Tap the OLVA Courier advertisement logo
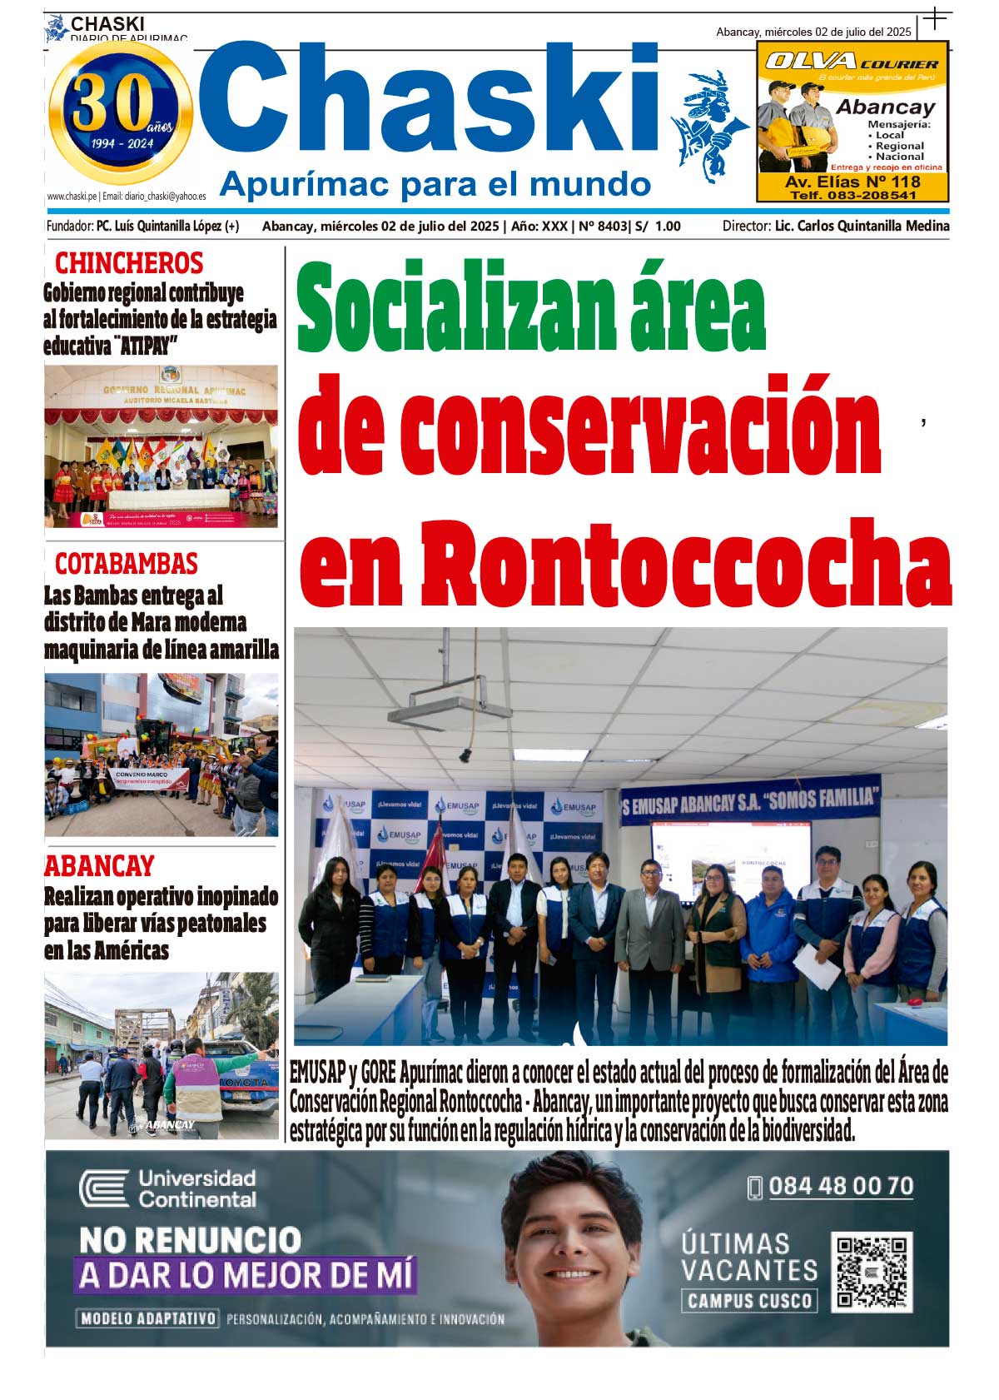[851, 62]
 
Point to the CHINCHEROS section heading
[129, 263]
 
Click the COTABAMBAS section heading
[127, 564]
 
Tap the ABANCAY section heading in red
[99, 866]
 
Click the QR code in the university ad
[872, 1272]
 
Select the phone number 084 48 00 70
[840, 1186]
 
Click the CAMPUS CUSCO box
[749, 1301]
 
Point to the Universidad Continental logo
[167, 1188]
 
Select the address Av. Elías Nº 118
[852, 182]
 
